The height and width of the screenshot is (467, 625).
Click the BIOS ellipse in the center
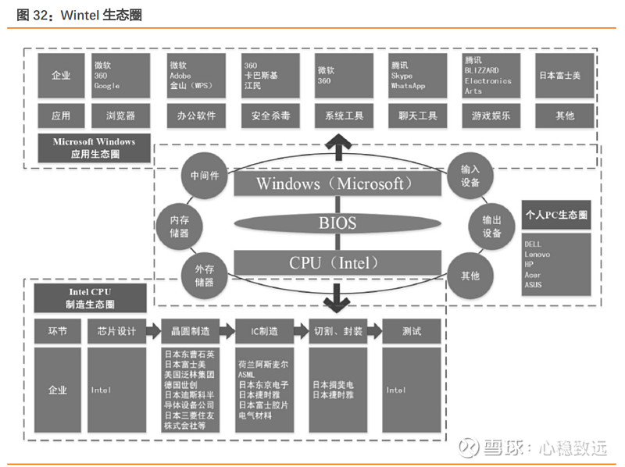click(x=337, y=223)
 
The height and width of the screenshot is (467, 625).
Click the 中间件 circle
click(x=205, y=175)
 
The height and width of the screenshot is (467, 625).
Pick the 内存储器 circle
click(x=179, y=227)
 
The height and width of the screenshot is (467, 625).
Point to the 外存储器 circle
click(x=204, y=276)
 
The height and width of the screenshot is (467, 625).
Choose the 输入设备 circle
click(x=470, y=175)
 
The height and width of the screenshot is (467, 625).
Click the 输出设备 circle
click(x=492, y=227)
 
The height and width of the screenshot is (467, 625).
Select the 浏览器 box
click(x=120, y=116)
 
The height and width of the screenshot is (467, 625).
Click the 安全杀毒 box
click(x=270, y=116)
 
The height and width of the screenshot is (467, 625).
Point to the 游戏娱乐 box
click(x=491, y=116)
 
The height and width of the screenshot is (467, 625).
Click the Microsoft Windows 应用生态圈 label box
click(x=94, y=148)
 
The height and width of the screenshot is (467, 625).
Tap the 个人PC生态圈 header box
click(x=555, y=215)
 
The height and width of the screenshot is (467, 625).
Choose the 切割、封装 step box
click(x=337, y=331)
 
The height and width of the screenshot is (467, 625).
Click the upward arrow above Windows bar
click(x=338, y=146)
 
